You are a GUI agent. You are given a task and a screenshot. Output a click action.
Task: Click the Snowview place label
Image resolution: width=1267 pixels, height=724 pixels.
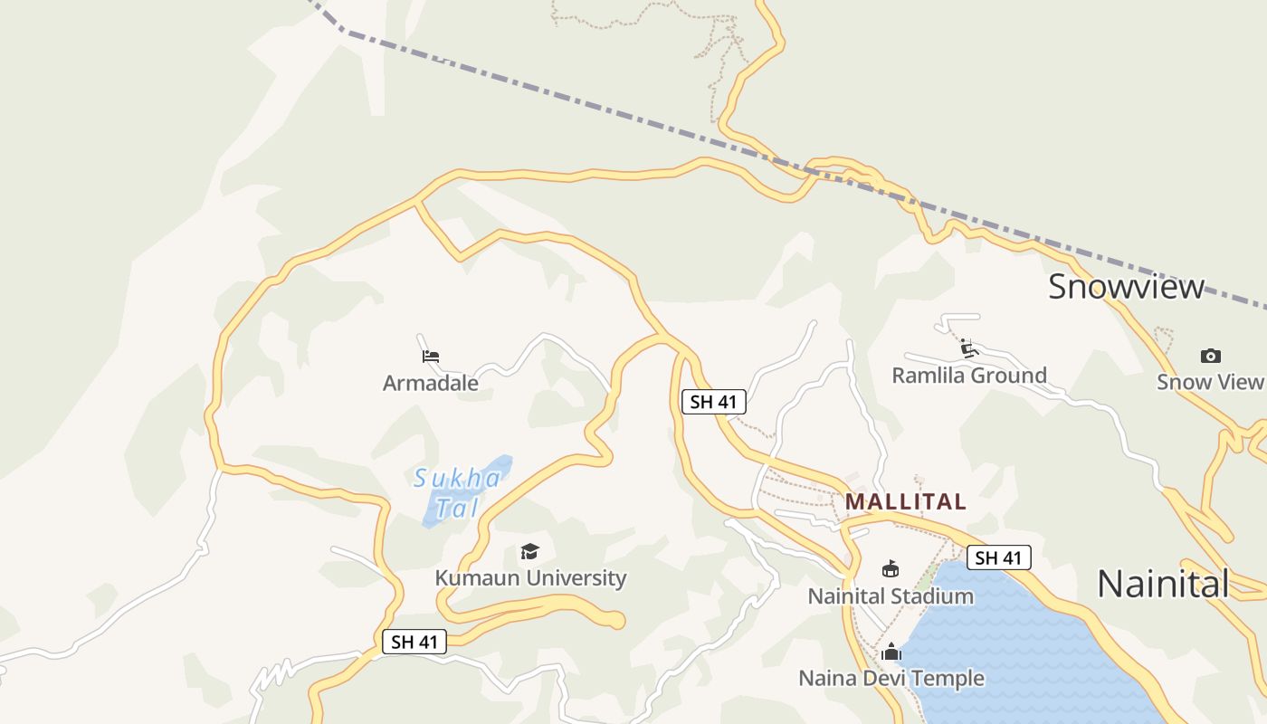(x=1126, y=287)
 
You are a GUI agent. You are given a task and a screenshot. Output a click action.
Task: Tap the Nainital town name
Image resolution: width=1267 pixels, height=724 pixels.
(x=1163, y=584)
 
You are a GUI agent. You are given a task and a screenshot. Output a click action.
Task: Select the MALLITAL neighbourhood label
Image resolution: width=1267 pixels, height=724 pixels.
(x=906, y=501)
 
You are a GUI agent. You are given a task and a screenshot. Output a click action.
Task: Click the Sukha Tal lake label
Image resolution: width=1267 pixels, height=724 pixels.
(x=457, y=492)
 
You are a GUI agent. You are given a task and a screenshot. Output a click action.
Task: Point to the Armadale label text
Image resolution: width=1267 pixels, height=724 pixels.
(x=431, y=383)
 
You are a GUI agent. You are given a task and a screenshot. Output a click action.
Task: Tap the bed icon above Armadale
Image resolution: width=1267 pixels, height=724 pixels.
(x=431, y=357)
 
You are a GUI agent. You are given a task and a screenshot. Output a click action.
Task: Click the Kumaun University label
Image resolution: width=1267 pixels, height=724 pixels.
(x=530, y=578)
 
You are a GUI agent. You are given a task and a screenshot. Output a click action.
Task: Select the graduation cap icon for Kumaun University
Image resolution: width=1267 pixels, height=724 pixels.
(x=530, y=551)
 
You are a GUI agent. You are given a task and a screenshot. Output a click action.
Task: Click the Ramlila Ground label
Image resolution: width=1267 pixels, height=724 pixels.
(x=969, y=375)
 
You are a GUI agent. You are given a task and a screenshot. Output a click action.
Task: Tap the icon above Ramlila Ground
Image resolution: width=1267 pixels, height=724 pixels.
(x=969, y=348)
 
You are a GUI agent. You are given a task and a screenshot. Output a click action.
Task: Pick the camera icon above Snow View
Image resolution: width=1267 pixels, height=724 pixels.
(x=1210, y=356)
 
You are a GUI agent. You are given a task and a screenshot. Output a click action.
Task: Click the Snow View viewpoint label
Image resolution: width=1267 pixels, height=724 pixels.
(x=1210, y=382)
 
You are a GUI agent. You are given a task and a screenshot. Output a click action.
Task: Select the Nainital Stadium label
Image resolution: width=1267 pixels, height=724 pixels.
(x=891, y=596)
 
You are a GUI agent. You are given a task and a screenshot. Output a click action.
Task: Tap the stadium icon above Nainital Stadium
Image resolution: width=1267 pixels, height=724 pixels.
(x=891, y=569)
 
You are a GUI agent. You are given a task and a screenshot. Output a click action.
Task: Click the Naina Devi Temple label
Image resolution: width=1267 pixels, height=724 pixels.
(x=891, y=678)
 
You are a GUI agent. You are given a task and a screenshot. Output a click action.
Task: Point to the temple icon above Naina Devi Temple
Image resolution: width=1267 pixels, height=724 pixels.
(x=891, y=652)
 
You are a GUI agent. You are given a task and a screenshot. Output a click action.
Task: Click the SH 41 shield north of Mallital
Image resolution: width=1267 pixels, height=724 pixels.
(x=714, y=402)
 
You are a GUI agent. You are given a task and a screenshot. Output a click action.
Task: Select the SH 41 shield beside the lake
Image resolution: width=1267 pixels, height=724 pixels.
(x=998, y=557)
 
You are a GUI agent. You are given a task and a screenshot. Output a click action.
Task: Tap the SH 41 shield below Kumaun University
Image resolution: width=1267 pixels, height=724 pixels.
(x=415, y=642)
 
